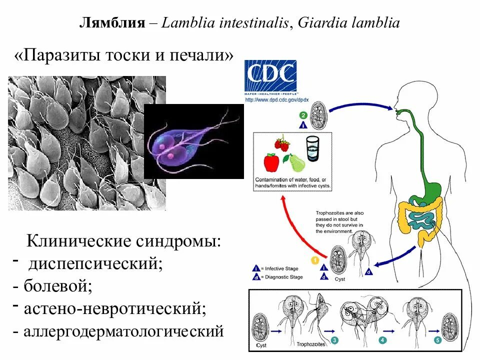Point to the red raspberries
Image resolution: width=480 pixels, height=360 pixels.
(x=281, y=143)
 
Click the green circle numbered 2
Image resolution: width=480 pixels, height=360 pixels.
(x=303, y=114)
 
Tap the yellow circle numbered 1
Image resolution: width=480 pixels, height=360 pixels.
(x=314, y=260)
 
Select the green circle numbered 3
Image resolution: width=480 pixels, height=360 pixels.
(x=334, y=340)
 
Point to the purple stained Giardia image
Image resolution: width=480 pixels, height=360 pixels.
(x=193, y=141)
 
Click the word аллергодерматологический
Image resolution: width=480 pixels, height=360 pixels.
(x=122, y=330)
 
